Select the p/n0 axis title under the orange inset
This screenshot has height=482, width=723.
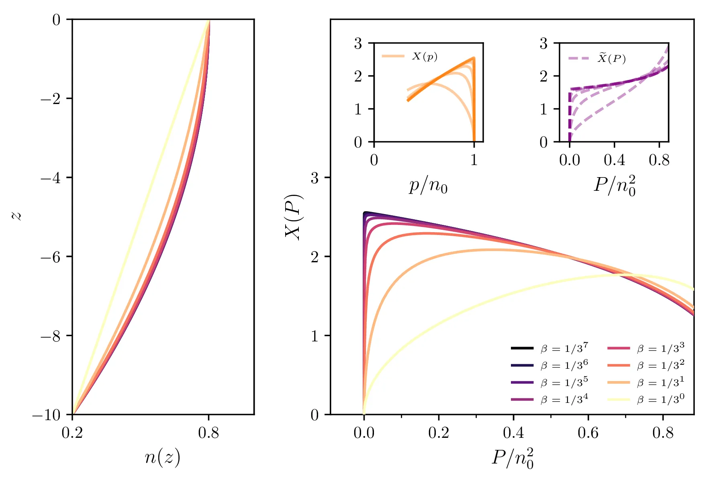pos(428,186)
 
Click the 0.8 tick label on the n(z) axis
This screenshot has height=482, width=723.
pos(208,433)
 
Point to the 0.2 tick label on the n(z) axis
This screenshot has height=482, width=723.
pos(72,433)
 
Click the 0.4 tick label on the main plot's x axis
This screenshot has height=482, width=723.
pos(513,433)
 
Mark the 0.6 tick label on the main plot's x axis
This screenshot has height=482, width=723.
pos(588,433)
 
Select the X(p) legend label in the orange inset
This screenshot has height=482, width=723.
pos(425,56)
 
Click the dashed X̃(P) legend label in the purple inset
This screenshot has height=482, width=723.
pos(612,59)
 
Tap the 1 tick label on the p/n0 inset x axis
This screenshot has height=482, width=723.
pos(474,160)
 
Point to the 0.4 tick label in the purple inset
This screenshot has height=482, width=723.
pos(614,160)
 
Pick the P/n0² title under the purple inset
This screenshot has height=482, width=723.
pos(615,186)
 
